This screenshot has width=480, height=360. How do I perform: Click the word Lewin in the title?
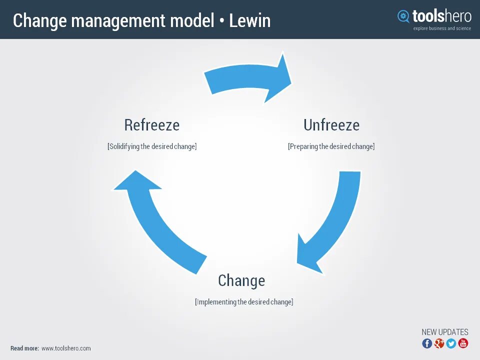[x=249, y=21]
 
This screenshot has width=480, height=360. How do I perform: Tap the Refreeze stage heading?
[x=151, y=125]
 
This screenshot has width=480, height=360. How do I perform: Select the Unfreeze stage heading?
[x=331, y=125]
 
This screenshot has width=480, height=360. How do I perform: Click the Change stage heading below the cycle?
[x=241, y=280]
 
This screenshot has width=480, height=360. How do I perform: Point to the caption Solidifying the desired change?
[x=152, y=146]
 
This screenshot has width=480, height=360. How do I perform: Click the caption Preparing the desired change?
[x=331, y=146]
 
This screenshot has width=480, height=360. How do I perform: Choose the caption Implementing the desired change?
[x=244, y=302]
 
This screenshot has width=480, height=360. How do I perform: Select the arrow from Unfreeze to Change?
[x=334, y=220]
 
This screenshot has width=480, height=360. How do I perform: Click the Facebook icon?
[x=427, y=343]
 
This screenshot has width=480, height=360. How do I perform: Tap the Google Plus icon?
[x=439, y=343]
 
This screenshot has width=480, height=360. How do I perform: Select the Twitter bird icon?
[x=451, y=343]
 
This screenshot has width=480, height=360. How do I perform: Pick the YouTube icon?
[x=463, y=343]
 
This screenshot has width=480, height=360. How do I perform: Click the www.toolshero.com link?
[x=66, y=348]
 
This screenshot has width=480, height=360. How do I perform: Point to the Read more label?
[x=24, y=348]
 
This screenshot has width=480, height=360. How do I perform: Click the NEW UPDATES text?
[x=444, y=332]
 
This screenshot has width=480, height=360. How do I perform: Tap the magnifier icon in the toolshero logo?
[x=403, y=16]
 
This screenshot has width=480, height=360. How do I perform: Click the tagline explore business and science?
[x=442, y=28]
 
